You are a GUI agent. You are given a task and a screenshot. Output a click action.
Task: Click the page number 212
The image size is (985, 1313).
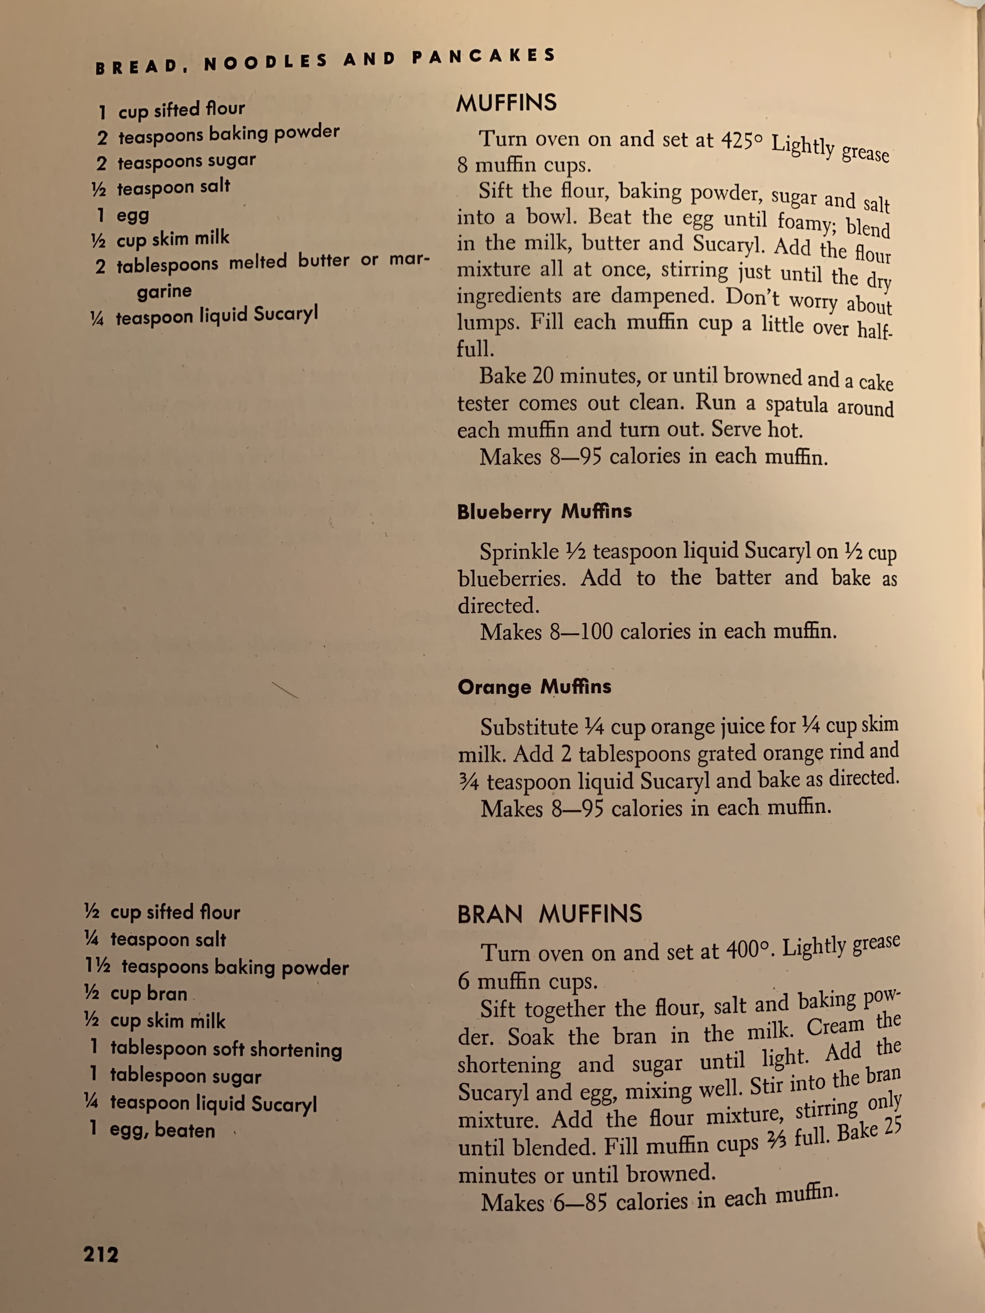(x=101, y=1254)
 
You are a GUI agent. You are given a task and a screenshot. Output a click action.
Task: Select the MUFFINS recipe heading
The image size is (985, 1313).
(x=507, y=103)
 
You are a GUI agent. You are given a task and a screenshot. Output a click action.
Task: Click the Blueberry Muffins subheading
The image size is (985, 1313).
(x=544, y=512)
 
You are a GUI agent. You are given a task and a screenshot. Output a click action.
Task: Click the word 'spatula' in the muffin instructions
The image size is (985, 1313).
(x=796, y=405)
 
